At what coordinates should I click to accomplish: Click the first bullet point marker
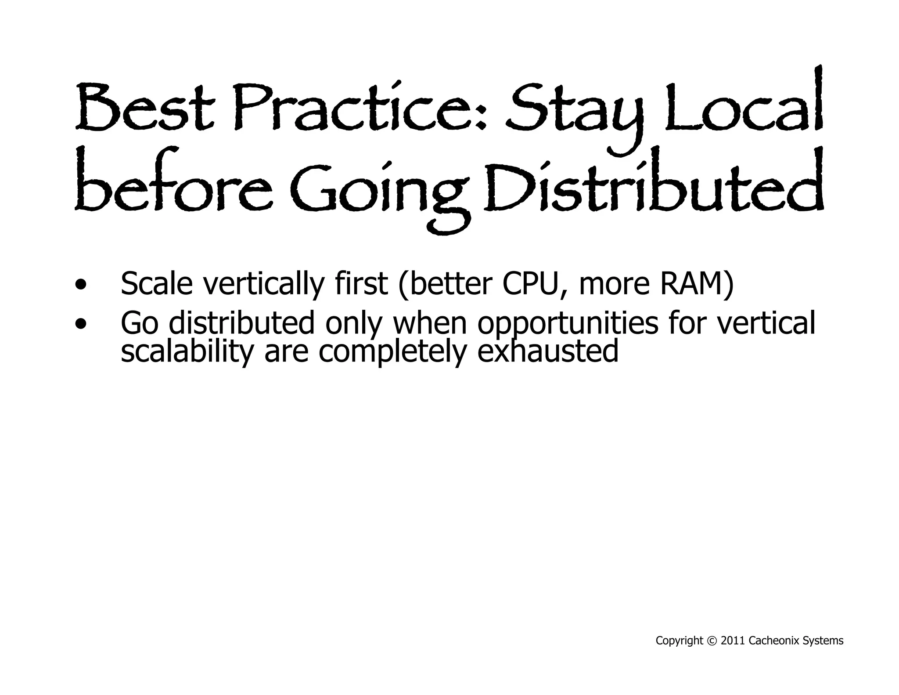point(81,284)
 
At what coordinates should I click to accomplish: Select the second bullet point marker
point(81,324)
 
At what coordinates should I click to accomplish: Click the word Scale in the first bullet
point(156,283)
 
